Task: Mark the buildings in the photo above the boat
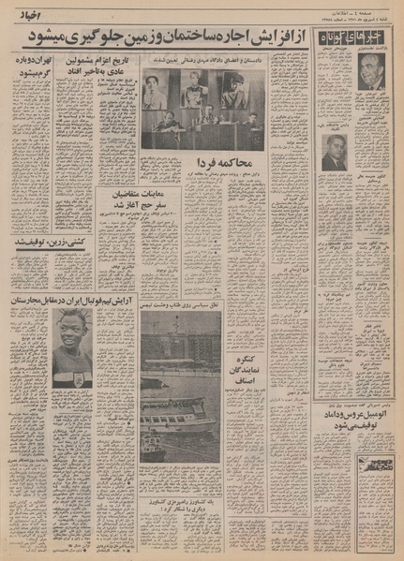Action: [181, 347]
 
